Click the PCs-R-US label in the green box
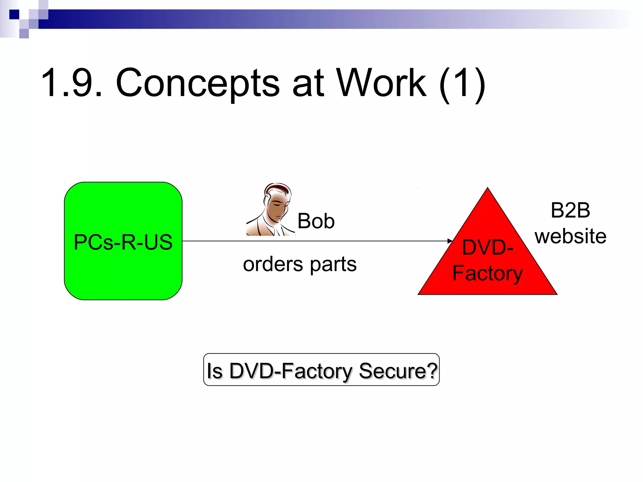point(123,242)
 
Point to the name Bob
point(316,221)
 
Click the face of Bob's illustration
point(276,209)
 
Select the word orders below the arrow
point(273,264)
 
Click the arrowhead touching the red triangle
point(450,241)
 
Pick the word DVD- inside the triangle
point(487,247)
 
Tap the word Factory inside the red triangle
point(487,273)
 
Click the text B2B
point(570,210)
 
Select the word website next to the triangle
point(570,236)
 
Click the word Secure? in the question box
point(398,371)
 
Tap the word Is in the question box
point(214,371)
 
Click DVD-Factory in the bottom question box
point(291,371)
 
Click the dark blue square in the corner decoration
point(14,14)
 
